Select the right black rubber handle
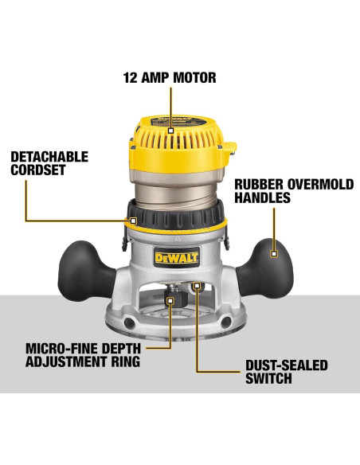click(x=276, y=255)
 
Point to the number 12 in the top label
click(x=131, y=78)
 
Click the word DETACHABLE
click(x=49, y=157)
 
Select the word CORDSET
click(x=37, y=170)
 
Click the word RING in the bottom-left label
click(x=123, y=362)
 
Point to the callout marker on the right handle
click(x=274, y=254)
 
